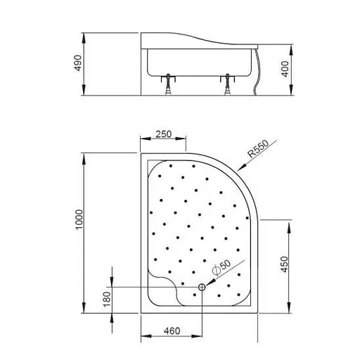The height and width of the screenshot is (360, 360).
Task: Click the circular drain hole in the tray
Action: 202,287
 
